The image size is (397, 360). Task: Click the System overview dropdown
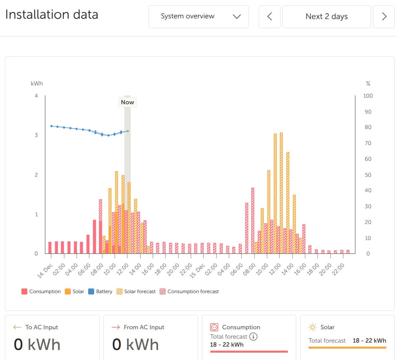point(198,16)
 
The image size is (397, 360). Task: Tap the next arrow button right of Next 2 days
point(384,16)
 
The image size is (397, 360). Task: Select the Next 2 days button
point(326,16)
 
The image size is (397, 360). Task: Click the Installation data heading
point(52,15)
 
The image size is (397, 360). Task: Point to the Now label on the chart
point(127,102)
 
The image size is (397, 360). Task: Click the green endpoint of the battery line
point(128,131)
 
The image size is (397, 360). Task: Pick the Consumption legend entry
point(41,291)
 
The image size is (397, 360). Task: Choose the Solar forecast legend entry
point(136,291)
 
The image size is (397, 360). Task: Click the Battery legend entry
point(100,291)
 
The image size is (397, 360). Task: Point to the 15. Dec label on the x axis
point(197,271)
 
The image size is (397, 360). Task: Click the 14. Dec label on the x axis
point(45,271)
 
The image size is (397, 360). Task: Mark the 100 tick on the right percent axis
point(368,96)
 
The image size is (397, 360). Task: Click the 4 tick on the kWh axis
point(36,96)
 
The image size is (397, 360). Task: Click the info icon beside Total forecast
point(253,337)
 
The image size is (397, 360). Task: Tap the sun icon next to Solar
point(312,327)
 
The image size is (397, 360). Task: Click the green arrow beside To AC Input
point(17,327)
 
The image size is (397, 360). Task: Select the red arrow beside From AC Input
point(116,327)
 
